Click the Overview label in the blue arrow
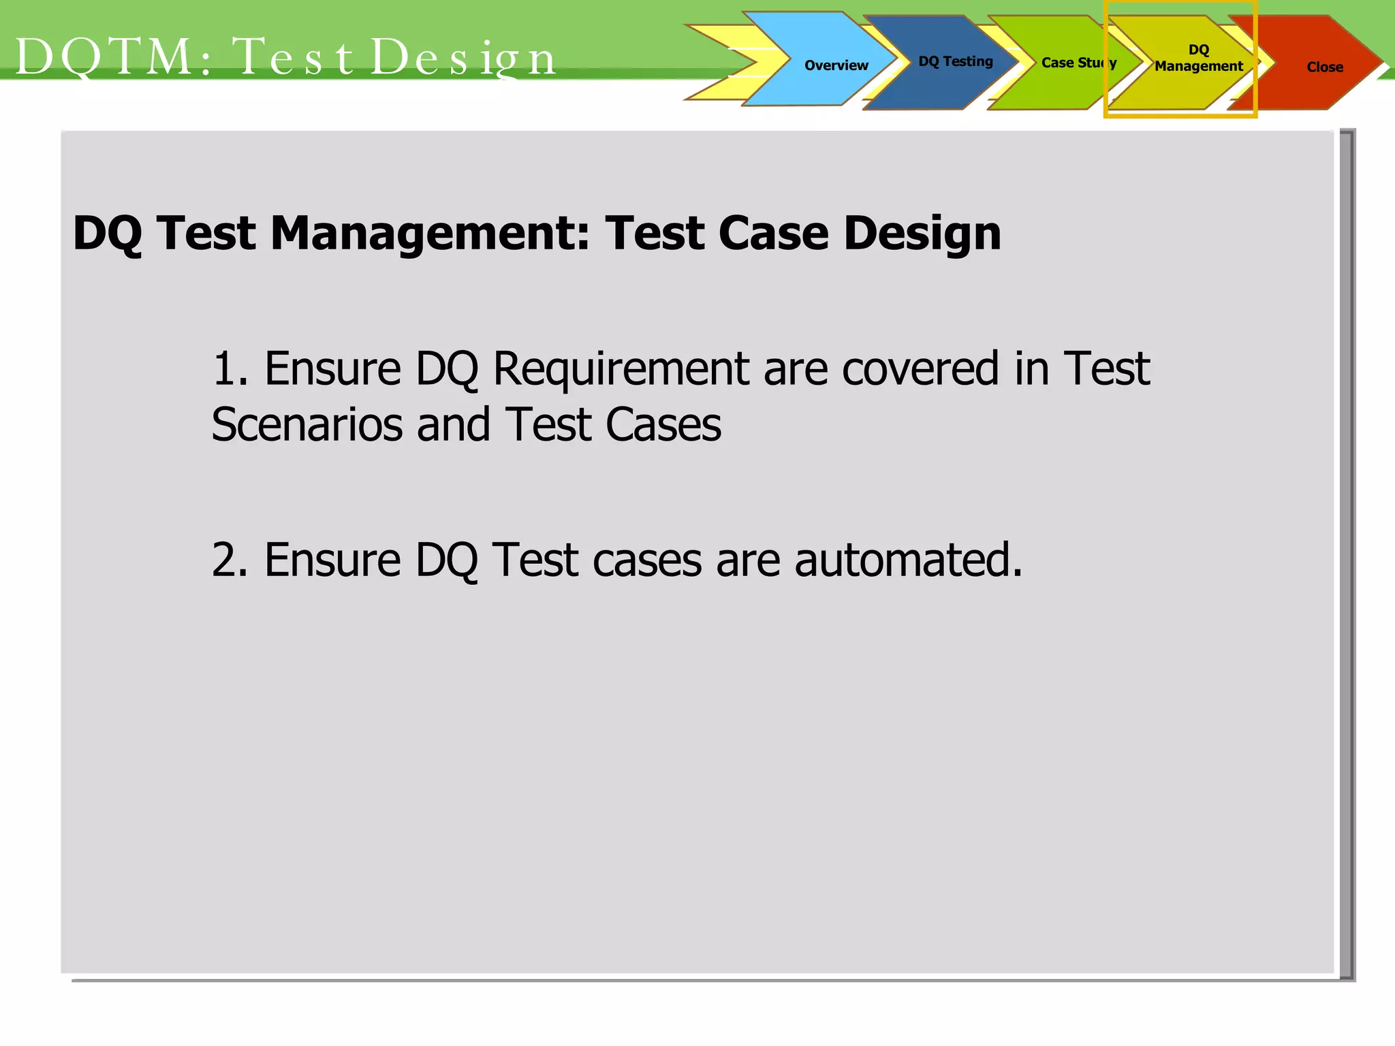click(x=836, y=65)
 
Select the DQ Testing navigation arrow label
click(x=955, y=61)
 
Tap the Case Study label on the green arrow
click(x=1078, y=63)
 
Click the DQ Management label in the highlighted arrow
click(x=1198, y=59)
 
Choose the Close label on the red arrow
click(x=1324, y=67)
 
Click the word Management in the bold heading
click(x=430, y=234)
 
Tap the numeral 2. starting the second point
click(x=230, y=560)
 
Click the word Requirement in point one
click(x=620, y=369)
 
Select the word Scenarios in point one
click(x=307, y=425)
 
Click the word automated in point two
click(x=908, y=560)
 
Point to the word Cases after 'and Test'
click(x=663, y=425)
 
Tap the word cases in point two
click(x=646, y=560)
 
